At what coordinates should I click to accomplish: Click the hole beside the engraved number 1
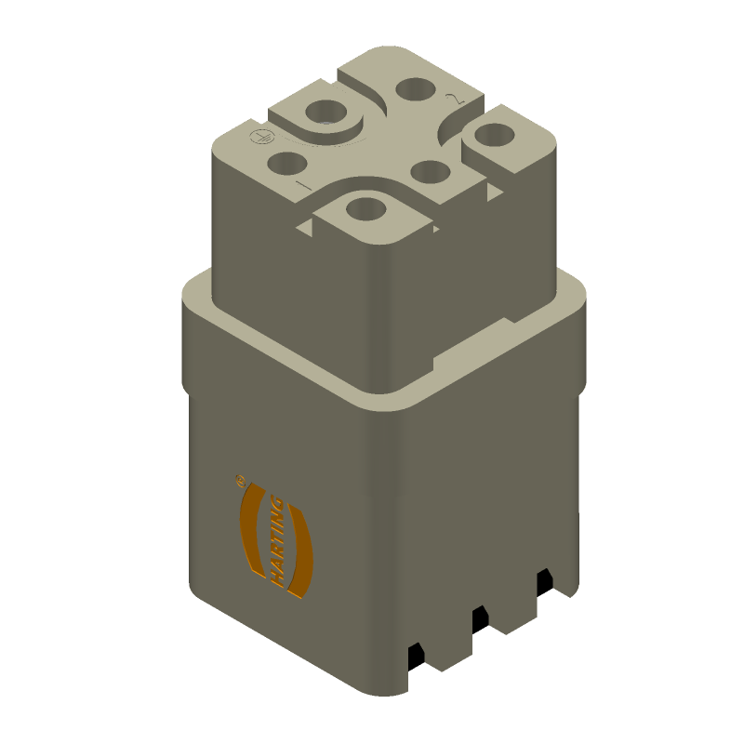click(x=286, y=165)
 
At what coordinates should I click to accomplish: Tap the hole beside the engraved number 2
click(x=414, y=90)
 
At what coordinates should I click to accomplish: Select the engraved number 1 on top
click(x=302, y=186)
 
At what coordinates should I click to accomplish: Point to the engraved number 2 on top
click(x=454, y=98)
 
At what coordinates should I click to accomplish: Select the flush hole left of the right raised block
click(x=429, y=171)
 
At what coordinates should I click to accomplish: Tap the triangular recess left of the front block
click(x=304, y=225)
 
